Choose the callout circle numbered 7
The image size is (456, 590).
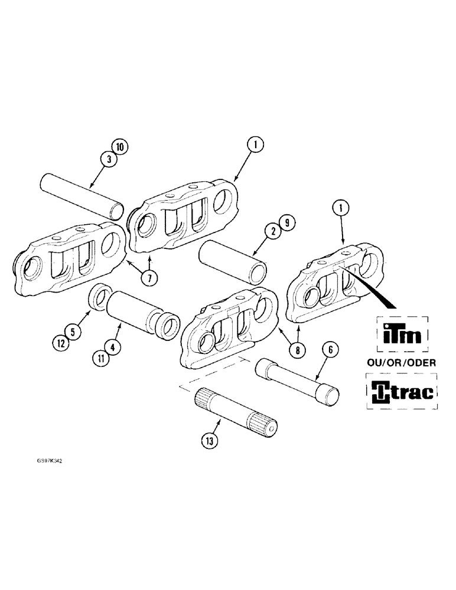149,277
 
